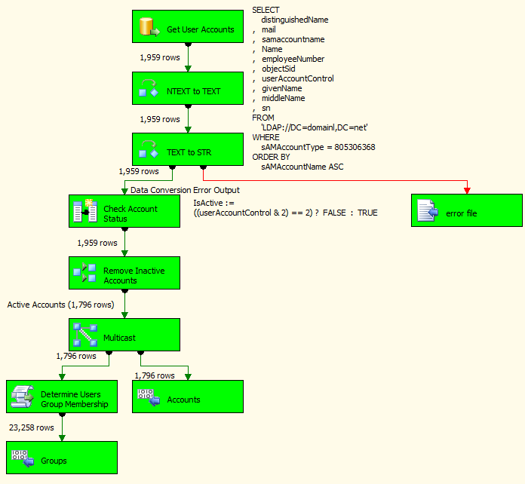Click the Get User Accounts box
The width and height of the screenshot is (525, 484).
coord(187,29)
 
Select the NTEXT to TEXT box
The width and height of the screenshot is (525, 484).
coord(187,91)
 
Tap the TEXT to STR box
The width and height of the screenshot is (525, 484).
coord(187,152)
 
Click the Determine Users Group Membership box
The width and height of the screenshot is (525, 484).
coord(61,399)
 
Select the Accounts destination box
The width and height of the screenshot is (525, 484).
coord(187,399)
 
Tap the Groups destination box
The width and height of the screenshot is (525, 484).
coord(61,460)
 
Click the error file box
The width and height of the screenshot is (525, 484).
coord(467,213)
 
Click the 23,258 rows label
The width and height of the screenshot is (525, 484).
coord(31,427)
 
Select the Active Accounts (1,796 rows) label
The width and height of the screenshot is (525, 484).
coord(60,305)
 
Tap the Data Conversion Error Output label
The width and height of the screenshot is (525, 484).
coord(185,190)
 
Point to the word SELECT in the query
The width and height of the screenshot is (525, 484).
coord(266,10)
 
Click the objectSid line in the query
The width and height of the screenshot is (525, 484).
coord(278,69)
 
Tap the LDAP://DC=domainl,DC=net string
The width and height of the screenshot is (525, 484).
coord(314,127)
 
